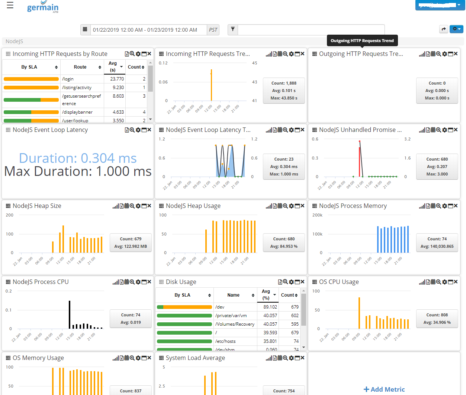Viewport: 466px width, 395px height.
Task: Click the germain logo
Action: pos(42,7)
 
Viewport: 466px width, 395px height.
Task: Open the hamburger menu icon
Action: pos(10,5)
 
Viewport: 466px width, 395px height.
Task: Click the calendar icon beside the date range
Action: pos(85,29)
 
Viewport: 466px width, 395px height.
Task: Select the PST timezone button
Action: pos(213,30)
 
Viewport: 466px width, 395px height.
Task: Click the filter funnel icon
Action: pos(233,29)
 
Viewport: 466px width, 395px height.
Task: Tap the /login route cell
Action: pos(68,79)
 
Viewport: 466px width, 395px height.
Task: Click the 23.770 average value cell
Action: pos(117,79)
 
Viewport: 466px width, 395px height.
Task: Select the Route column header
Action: pos(80,67)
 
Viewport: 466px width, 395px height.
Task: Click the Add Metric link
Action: pos(384,389)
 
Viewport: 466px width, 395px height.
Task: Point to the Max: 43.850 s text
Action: pos(284,98)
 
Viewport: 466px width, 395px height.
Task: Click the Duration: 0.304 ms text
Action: pos(78,158)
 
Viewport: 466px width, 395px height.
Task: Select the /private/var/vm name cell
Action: pos(231,316)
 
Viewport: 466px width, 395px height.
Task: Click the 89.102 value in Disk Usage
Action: pos(270,307)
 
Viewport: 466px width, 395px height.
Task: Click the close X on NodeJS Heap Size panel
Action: pos(149,206)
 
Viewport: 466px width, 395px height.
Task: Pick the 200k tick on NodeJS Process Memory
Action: pos(317,215)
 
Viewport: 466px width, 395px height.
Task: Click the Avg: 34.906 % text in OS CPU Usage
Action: pos(437,322)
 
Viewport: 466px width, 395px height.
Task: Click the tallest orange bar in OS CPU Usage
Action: pos(359,313)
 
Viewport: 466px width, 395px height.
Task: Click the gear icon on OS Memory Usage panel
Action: pos(138,358)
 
